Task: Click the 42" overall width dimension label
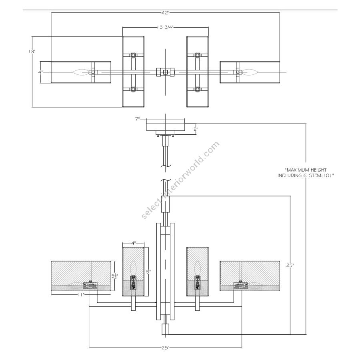tap(165, 13)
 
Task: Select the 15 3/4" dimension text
tap(165, 27)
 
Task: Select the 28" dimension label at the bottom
tap(165, 347)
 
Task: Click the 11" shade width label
tap(81, 295)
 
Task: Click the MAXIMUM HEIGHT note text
tap(306, 173)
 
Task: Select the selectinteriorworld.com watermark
tap(180, 180)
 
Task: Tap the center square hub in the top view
tap(165, 72)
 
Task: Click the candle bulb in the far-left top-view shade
tap(79, 72)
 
